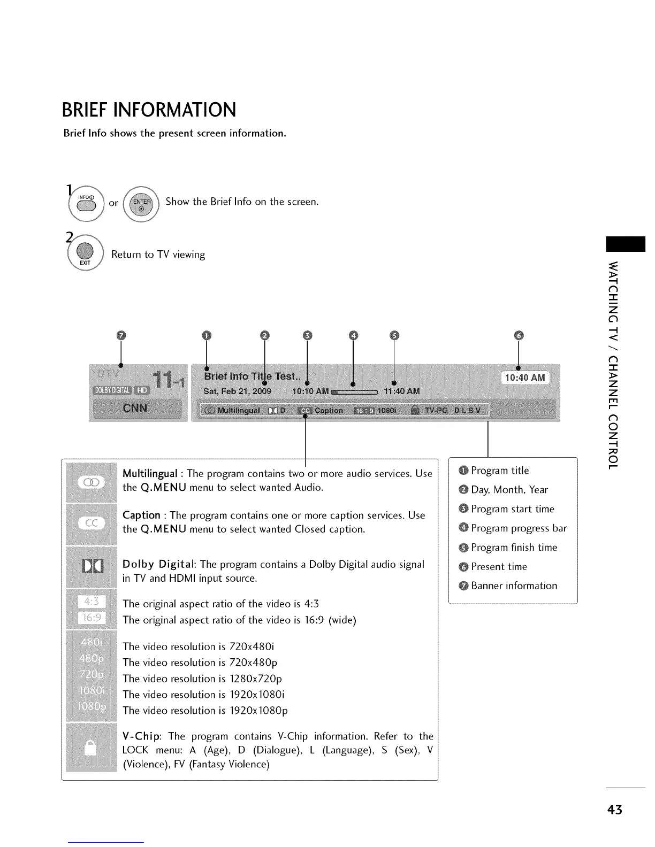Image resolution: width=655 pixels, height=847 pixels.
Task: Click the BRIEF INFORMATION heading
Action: [x=149, y=110]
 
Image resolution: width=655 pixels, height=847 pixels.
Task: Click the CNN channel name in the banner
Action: [x=135, y=409]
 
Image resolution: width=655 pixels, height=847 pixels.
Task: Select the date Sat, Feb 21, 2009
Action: [x=237, y=391]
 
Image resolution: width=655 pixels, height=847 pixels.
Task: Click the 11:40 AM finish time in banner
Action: [x=402, y=391]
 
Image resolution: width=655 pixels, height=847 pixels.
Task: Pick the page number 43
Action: [x=615, y=810]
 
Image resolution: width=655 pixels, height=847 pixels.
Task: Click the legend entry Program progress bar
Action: [x=519, y=528]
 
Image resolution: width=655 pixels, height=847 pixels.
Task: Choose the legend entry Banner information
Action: [x=514, y=586]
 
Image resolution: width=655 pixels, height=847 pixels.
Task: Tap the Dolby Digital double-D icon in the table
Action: [x=92, y=566]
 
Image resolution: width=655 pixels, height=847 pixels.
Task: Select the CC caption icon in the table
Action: [x=91, y=523]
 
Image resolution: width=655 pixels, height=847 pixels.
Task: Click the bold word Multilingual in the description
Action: [x=150, y=474]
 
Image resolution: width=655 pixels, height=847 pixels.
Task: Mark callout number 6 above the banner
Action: [x=518, y=335]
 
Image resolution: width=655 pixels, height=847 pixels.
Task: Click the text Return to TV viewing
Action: [x=158, y=255]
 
